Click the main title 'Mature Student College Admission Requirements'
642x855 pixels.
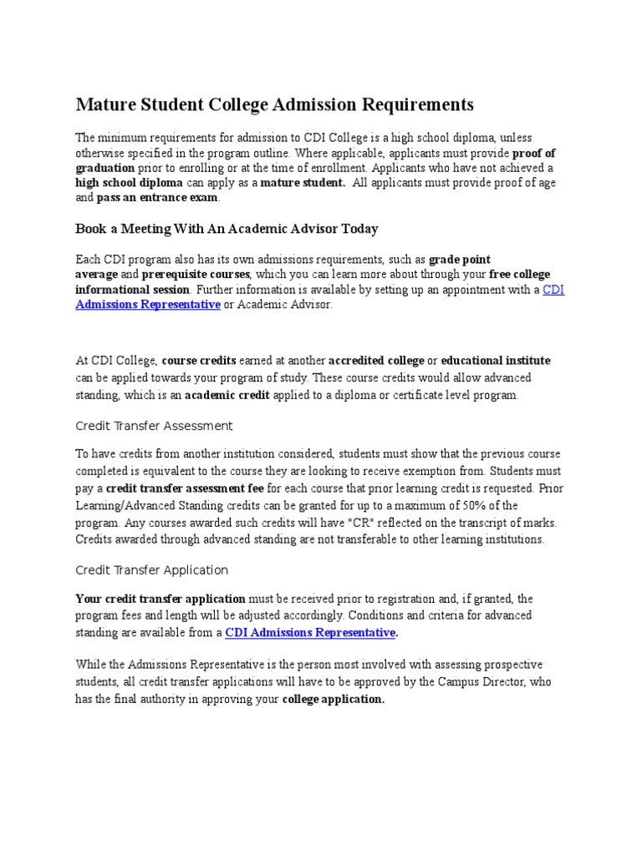pos(275,104)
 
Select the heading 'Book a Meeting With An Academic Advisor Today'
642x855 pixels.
pos(227,228)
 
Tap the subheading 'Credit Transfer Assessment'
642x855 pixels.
pos(154,426)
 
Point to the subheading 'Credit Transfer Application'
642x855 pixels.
pos(151,570)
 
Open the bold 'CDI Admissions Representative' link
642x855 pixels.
pos(310,633)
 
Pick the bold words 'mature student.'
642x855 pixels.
pos(303,183)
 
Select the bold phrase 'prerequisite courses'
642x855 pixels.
pos(196,275)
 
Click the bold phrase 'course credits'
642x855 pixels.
pos(199,361)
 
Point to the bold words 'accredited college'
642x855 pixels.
pos(375,361)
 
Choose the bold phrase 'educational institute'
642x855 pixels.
pos(496,361)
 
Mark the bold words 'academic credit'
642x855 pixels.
pos(227,396)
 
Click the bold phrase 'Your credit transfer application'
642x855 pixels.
pos(160,599)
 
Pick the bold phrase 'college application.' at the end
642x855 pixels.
pos(334,700)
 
